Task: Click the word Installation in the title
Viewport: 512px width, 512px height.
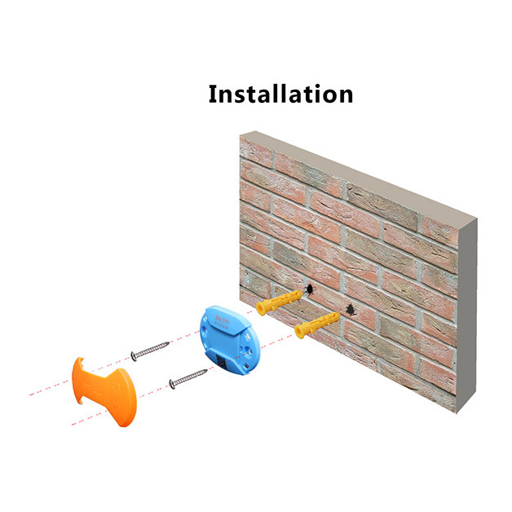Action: (280, 93)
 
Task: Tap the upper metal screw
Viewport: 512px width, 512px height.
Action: (150, 349)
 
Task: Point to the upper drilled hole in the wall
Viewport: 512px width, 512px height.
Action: (311, 289)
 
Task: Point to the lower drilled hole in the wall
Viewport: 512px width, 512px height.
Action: (351, 309)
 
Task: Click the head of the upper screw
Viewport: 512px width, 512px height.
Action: (133, 355)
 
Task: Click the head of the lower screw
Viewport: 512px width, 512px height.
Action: (170, 384)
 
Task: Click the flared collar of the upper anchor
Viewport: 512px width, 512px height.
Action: (261, 308)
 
